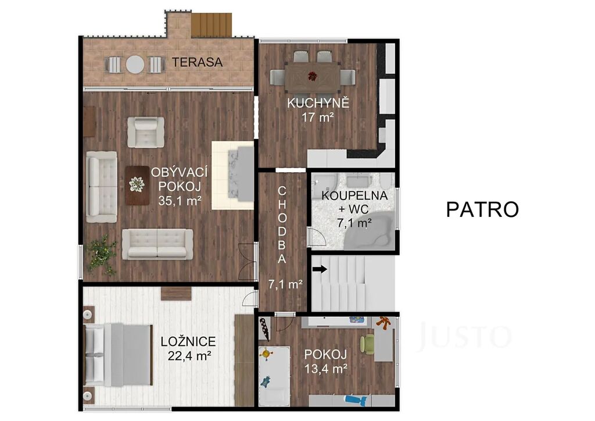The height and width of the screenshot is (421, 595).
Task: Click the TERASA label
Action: point(198,62)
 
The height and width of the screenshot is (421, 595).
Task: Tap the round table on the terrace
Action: point(135,65)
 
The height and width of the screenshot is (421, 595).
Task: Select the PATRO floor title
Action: point(482,209)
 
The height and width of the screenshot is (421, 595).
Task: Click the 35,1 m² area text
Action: point(180,201)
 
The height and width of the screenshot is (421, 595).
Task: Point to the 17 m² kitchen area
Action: point(318,117)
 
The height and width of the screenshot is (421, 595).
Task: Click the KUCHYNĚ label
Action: point(318,103)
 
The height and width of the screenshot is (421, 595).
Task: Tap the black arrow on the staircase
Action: point(320,269)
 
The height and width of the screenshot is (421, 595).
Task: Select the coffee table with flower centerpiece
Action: point(137,185)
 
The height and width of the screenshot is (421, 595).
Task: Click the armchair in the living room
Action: point(146,132)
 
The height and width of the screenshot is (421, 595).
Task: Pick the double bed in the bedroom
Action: point(117,355)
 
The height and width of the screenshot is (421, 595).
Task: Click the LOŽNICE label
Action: point(188,342)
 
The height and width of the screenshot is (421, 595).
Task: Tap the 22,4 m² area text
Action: point(189,356)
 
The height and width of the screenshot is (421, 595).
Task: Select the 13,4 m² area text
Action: point(326,368)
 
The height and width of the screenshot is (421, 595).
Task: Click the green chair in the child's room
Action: point(367,344)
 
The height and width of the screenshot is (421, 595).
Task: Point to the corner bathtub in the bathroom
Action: point(368,231)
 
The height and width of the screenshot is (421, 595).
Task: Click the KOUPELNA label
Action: point(354,195)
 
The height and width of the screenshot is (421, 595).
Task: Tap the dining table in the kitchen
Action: point(312,77)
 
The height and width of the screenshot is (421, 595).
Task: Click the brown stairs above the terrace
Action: point(212,24)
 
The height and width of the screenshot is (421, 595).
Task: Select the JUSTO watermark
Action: point(464,336)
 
